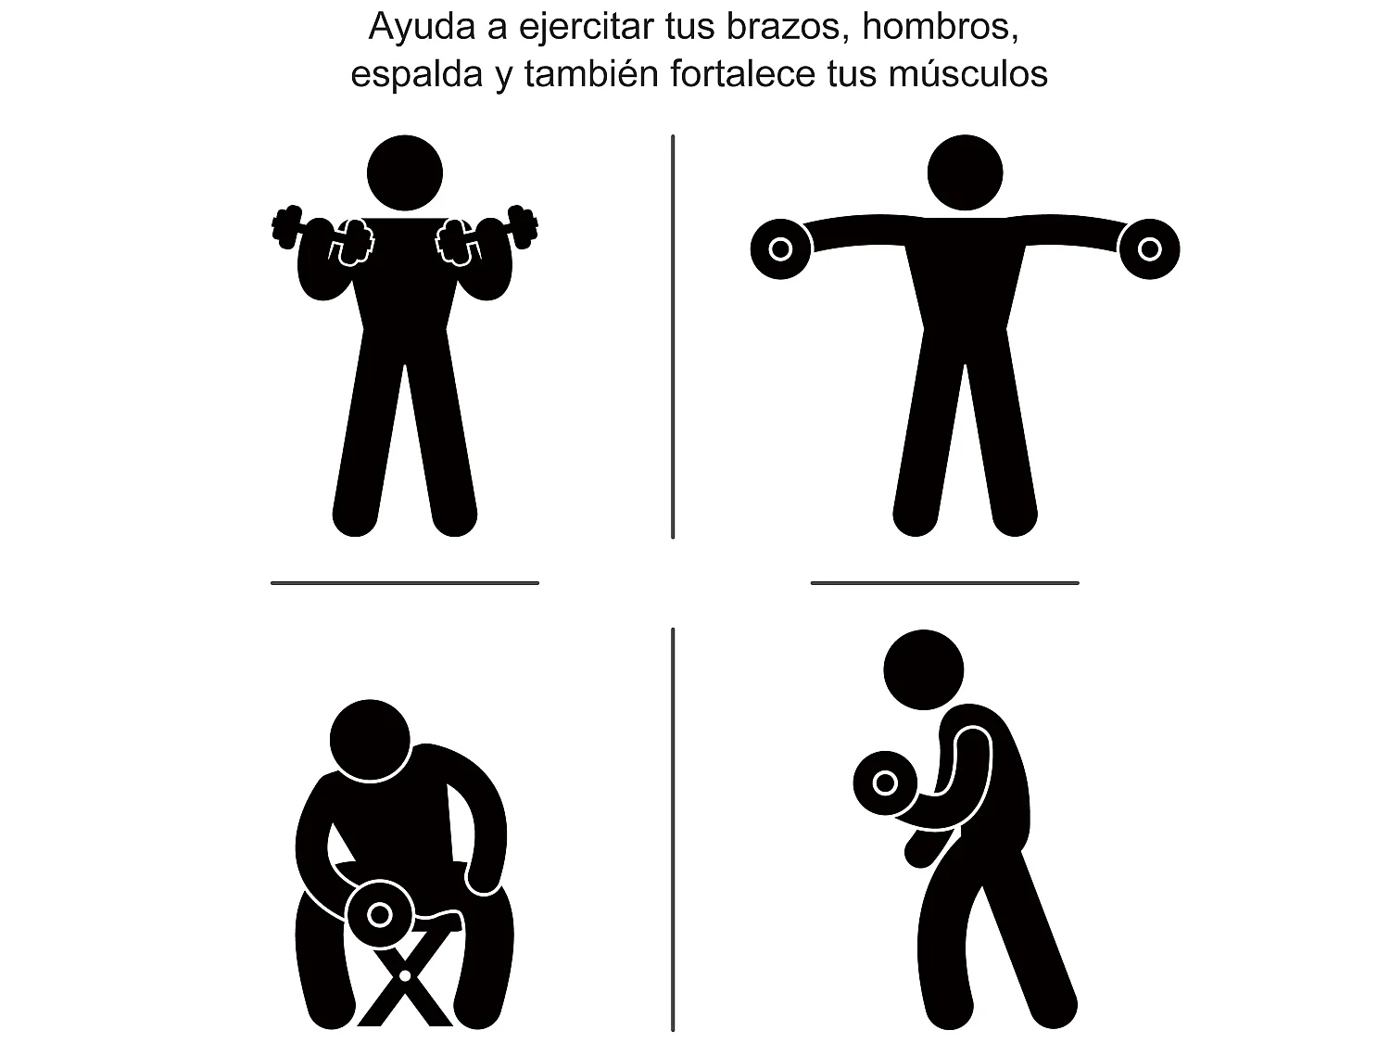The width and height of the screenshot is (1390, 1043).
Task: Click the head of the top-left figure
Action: [x=405, y=172]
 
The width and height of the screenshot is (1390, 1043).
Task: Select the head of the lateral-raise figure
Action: [x=965, y=172]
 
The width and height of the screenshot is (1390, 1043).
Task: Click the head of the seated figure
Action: [x=370, y=740]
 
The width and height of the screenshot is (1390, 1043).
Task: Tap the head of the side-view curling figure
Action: [x=923, y=669]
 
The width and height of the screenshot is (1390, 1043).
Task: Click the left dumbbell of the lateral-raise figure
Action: [x=781, y=248]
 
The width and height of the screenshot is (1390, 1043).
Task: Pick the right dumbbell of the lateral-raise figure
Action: [x=1149, y=248]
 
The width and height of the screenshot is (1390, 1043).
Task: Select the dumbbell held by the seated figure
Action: [x=379, y=914]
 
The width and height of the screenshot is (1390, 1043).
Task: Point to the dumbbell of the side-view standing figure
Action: [x=885, y=783]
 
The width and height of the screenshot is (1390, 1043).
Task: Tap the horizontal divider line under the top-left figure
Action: [x=405, y=582]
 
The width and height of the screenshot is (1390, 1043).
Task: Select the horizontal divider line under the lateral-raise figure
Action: [x=945, y=582]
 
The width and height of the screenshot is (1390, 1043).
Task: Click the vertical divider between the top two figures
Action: [x=673, y=337]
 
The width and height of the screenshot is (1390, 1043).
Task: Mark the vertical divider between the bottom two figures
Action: [x=673, y=830]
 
